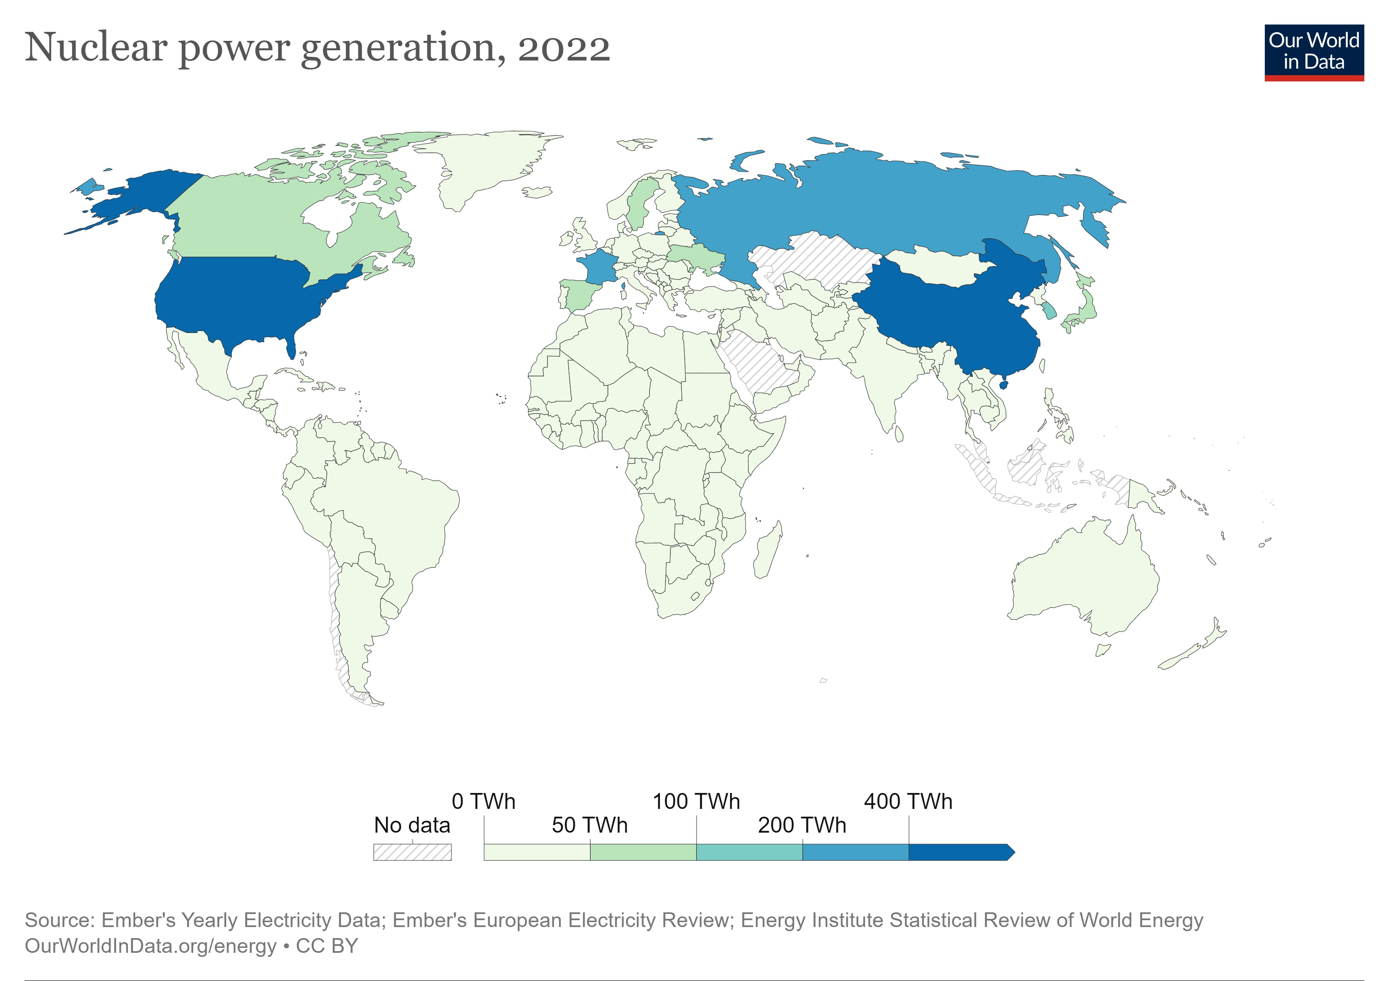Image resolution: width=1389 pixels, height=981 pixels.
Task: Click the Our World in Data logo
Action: [1313, 52]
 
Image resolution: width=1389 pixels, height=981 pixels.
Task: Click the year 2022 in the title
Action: [563, 48]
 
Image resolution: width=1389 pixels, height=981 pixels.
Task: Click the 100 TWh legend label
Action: [696, 801]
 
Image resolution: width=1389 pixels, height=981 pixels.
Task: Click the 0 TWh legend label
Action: [483, 801]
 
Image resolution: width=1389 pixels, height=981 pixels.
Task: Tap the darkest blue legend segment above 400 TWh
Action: [959, 852]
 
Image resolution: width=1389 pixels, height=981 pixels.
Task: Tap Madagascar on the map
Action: [767, 551]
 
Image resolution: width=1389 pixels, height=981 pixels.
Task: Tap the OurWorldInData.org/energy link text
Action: [150, 946]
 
